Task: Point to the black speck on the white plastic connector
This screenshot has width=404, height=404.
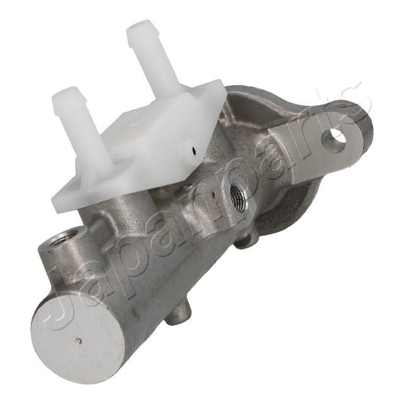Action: click(x=194, y=151)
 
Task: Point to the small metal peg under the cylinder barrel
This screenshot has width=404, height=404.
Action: click(x=178, y=315)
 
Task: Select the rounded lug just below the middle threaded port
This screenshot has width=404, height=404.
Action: click(x=247, y=237)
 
